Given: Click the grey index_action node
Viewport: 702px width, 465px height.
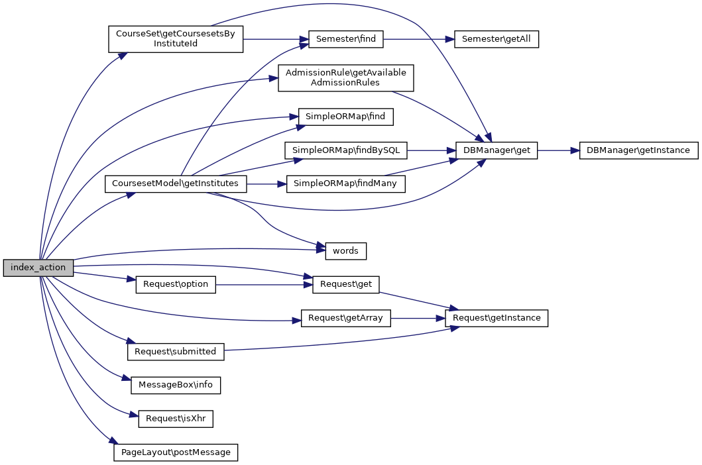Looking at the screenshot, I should pos(38,268).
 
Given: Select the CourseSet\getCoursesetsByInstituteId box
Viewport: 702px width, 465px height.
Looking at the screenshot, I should pos(176,39).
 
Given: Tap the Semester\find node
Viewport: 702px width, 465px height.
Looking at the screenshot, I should pos(345,39).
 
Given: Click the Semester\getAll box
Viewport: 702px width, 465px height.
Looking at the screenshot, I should pos(496,39).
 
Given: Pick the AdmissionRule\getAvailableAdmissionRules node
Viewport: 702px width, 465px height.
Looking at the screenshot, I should pos(345,78).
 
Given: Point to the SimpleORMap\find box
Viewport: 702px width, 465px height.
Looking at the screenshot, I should pos(345,117).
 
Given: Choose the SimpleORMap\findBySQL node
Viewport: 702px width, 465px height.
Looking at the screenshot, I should pos(345,150).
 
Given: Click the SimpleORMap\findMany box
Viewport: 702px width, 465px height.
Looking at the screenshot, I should pos(345,183).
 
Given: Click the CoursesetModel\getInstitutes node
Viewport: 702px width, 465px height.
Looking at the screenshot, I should pos(176,183).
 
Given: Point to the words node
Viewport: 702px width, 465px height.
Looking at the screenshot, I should pos(345,251).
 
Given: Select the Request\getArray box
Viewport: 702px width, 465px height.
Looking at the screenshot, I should pos(345,318).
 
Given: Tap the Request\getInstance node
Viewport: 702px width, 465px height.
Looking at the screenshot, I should pos(497,318).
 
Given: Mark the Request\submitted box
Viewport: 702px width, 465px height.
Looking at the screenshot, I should pos(176,352).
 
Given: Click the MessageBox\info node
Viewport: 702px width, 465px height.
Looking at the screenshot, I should pos(176,385).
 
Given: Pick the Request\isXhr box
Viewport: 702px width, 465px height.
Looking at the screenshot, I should pos(176,419).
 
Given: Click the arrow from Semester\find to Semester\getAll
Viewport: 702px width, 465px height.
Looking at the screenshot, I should pos(418,39).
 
